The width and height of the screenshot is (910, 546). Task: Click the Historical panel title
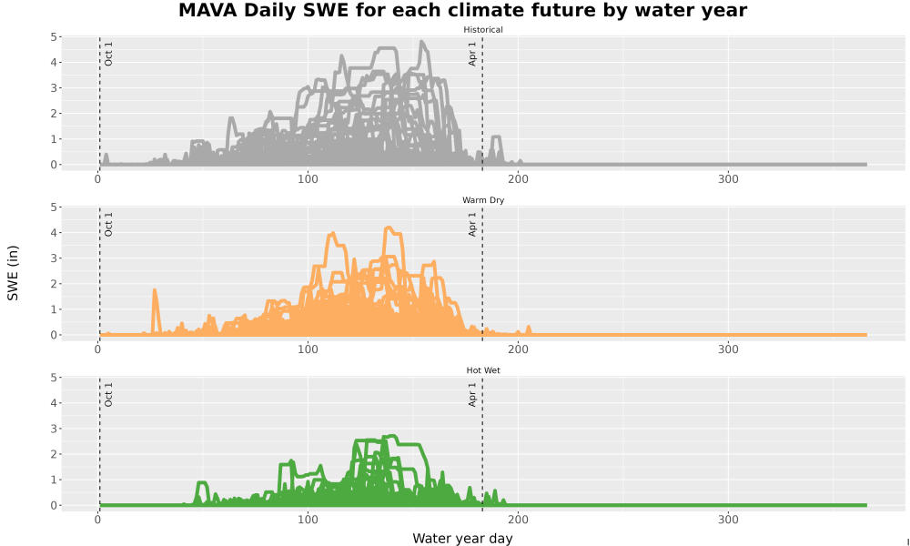point(483,30)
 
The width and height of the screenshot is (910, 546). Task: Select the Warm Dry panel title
point(483,200)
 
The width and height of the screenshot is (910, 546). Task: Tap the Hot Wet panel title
point(483,370)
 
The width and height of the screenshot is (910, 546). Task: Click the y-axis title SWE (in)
point(13,273)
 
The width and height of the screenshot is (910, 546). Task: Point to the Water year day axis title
point(462,539)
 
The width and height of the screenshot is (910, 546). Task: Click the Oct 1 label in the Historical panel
point(108,54)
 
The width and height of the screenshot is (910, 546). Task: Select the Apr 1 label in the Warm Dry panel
point(472,225)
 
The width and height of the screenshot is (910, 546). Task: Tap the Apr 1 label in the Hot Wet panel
point(472,395)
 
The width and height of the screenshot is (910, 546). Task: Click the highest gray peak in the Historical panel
point(422,42)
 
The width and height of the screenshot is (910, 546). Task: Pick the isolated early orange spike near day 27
point(155,290)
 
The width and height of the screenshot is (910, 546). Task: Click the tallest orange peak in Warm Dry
point(389,228)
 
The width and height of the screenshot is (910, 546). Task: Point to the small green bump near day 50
point(202,483)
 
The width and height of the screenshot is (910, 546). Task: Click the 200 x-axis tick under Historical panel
point(518,179)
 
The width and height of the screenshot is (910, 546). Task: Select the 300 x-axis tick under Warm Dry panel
point(728,349)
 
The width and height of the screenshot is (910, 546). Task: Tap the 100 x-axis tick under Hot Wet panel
point(308,520)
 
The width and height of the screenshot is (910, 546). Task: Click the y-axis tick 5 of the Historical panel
point(54,37)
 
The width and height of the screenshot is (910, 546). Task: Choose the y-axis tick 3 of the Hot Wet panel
point(54,429)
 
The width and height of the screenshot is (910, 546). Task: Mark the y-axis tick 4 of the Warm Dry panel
point(54,233)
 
